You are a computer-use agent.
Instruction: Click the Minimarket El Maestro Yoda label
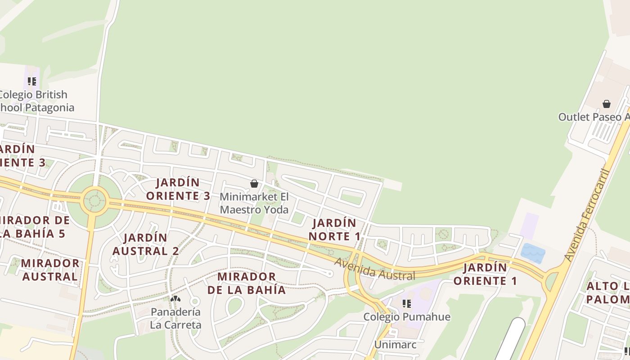254,203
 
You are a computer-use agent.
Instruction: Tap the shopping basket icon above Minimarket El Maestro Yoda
254,184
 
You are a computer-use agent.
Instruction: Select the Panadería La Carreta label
175,318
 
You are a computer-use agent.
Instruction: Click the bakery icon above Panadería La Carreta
175,299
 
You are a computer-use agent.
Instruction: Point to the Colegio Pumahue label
407,317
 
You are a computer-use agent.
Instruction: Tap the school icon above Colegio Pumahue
407,304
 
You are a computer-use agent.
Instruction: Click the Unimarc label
396,345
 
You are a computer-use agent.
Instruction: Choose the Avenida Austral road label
375,270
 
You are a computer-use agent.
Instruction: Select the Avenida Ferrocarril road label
587,215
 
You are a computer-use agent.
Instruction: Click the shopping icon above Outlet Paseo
607,104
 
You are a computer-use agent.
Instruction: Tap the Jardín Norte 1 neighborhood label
335,229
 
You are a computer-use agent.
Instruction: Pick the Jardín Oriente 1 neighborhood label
485,274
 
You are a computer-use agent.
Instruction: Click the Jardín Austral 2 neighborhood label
145,244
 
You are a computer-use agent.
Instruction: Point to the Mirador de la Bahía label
247,283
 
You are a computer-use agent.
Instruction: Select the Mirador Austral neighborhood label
50,270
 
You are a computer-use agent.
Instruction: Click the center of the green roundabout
95,201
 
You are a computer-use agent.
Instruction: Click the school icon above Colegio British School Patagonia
31,81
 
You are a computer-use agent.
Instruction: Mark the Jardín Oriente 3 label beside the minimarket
178,189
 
